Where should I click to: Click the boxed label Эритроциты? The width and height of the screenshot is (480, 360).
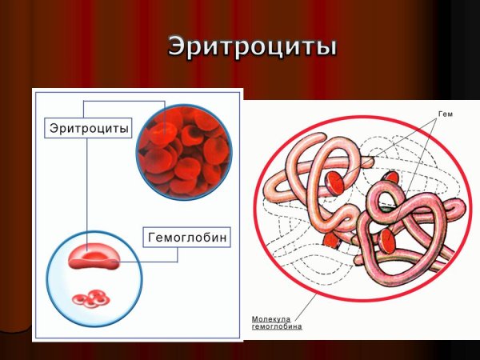88,128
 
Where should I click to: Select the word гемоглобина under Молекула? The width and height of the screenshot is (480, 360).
277,326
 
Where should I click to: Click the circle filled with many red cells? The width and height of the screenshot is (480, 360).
183,153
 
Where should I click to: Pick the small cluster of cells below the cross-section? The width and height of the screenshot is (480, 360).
90,299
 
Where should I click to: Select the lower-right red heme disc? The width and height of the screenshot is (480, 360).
390,237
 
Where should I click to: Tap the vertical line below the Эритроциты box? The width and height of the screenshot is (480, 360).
86,184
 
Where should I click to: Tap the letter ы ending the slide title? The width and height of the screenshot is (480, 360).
322,46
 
